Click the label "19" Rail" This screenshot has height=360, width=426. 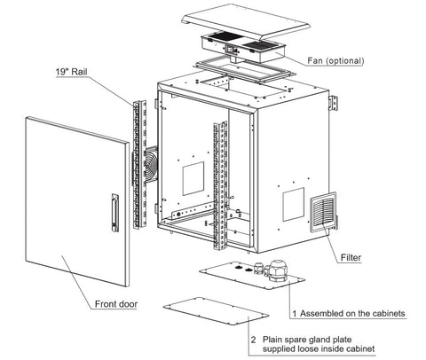click(71, 72)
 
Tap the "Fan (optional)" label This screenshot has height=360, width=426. click(335, 61)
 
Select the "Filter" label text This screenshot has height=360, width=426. click(351, 258)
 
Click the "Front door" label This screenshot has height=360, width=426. click(116, 304)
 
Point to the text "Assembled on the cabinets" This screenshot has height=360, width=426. click(352, 313)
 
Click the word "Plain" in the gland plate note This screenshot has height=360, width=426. click(272, 340)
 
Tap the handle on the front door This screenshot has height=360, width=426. click(115, 213)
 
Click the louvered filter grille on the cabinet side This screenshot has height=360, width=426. click(323, 212)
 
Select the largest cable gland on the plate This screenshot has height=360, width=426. click(278, 270)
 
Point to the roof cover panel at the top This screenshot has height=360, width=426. click(246, 21)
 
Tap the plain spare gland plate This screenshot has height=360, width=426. click(216, 312)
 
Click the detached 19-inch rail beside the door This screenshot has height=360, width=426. click(140, 165)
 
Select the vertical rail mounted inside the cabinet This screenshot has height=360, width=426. click(220, 184)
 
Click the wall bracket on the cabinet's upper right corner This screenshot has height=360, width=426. click(334, 103)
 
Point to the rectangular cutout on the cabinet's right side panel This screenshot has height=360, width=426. click(294, 204)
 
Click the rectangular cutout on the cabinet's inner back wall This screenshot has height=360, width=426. click(193, 178)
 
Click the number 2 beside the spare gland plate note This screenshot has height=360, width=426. click(253, 340)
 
